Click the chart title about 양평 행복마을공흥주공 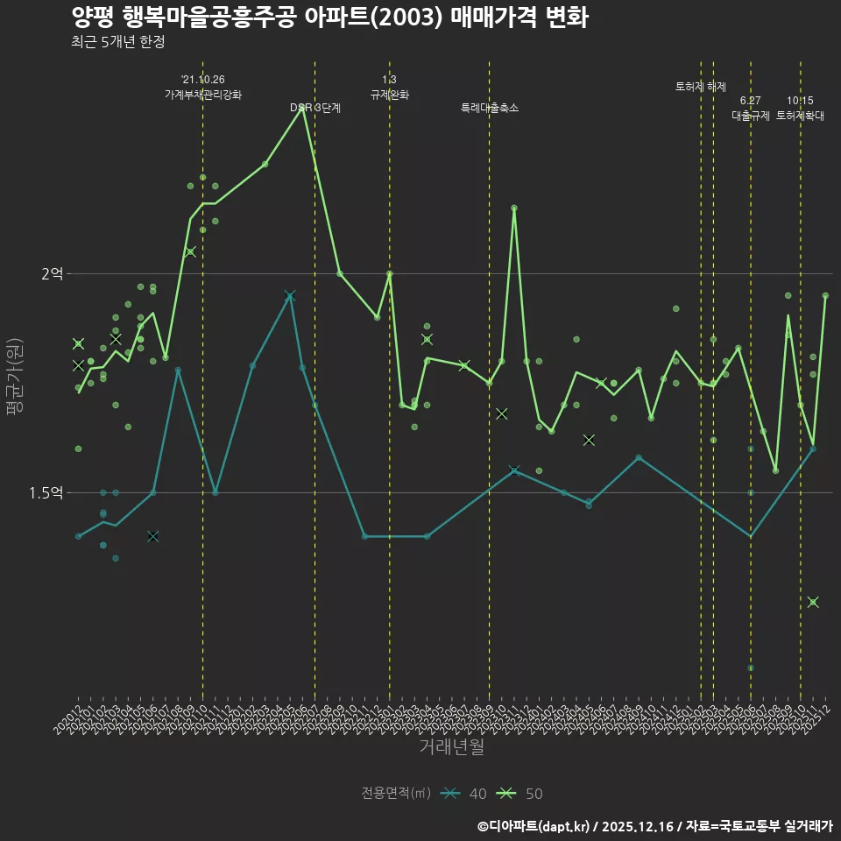[329, 18]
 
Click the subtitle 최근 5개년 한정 [117, 41]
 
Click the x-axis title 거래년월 [451, 746]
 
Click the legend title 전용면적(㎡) [396, 794]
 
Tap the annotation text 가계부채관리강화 [203, 95]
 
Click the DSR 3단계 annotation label [315, 108]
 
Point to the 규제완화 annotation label [390, 95]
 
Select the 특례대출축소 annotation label [490, 108]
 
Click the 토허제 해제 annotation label [701, 87]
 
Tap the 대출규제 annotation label [751, 116]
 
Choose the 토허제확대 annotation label [801, 116]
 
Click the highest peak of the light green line [302, 108]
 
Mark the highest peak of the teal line [290, 296]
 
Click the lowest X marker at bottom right [813, 602]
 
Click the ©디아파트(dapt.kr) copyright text [534, 825]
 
